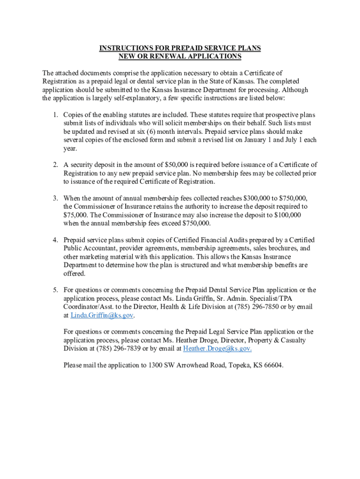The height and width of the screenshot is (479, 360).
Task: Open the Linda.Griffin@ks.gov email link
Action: point(102,315)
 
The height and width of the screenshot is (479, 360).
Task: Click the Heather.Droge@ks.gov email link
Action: point(217,348)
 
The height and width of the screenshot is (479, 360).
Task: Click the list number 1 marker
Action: point(55,115)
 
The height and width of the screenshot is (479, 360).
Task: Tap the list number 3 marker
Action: point(55,198)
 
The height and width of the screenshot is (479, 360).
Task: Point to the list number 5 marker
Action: point(55,290)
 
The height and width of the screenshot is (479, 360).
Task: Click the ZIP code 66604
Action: point(273,365)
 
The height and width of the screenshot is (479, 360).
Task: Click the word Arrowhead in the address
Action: point(191,365)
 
